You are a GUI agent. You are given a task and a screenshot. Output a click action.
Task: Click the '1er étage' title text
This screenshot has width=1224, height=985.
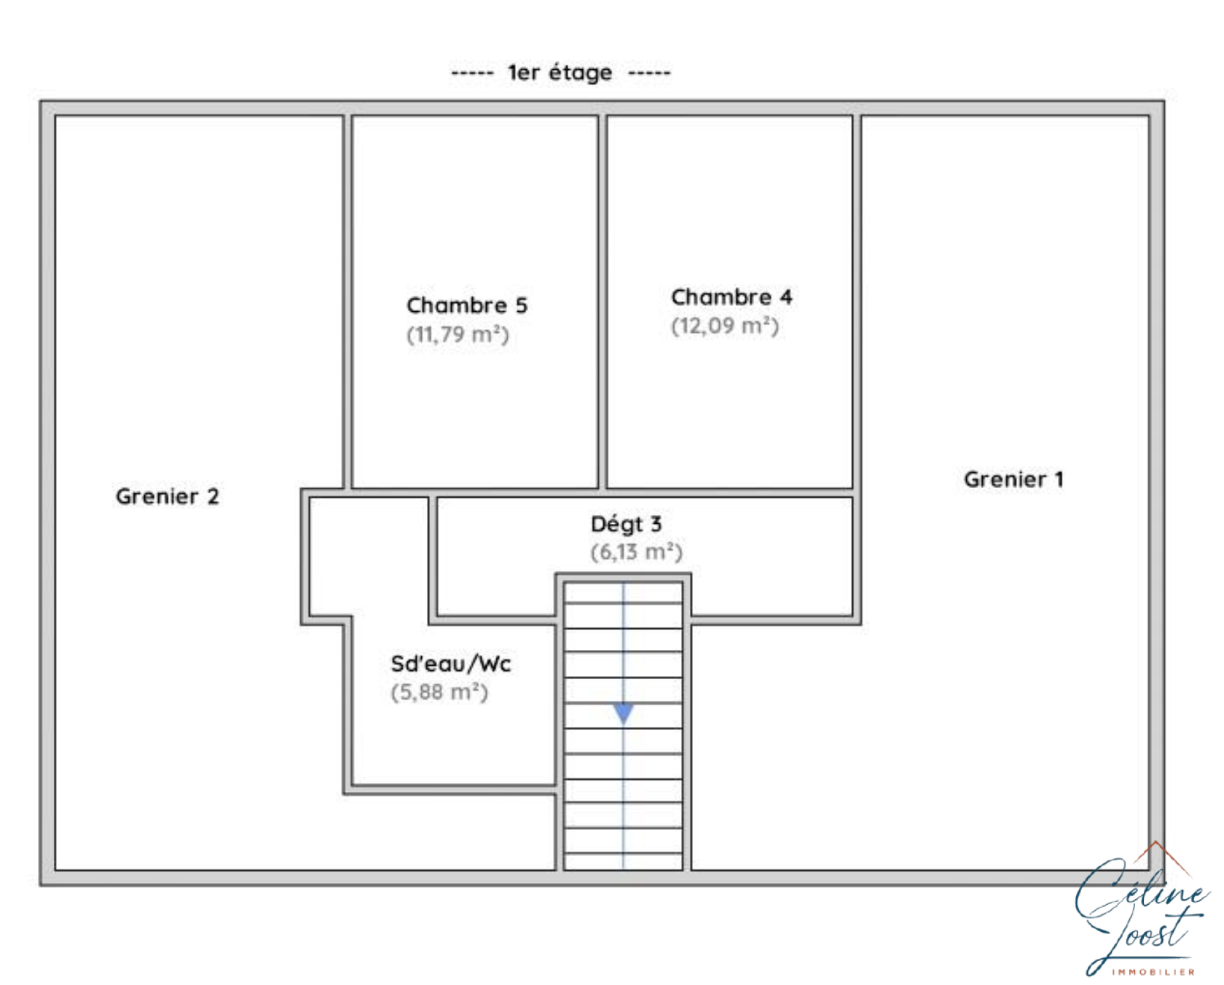[x=560, y=73]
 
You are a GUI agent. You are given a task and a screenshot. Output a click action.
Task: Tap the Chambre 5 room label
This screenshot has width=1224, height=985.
[x=467, y=305]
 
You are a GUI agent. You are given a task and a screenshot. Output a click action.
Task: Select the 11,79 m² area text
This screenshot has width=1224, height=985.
[x=458, y=334]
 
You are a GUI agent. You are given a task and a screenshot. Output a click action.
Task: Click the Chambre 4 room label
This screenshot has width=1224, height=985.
[x=731, y=297]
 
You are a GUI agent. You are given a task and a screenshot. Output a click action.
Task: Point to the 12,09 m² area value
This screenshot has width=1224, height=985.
[x=725, y=326]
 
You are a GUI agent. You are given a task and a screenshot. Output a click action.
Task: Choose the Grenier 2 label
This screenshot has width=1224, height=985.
[x=168, y=496]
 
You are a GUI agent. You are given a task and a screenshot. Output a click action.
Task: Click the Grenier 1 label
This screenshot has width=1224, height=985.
[x=1013, y=479]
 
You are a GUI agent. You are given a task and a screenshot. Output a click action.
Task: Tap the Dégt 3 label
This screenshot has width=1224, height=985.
[x=626, y=524]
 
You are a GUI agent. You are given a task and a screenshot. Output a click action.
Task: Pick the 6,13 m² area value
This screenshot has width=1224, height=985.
[x=636, y=552]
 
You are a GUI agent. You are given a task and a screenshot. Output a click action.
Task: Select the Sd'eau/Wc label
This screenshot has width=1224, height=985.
[x=451, y=664]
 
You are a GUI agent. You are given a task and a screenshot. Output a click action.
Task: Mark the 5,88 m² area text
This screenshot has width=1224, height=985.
[x=439, y=691]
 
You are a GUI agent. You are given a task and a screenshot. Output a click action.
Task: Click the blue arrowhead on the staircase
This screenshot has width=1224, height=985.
[x=624, y=713]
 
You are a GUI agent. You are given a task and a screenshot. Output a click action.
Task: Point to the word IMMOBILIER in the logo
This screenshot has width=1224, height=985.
[x=1153, y=971]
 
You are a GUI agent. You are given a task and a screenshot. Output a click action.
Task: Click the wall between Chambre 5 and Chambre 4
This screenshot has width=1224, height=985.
[x=603, y=302]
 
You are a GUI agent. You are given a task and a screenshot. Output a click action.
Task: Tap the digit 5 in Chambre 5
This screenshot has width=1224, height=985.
[x=522, y=305]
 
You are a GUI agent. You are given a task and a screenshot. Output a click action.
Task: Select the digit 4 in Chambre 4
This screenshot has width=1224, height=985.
[x=786, y=297]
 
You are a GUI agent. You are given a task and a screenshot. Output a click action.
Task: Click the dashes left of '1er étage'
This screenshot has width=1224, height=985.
[x=472, y=73]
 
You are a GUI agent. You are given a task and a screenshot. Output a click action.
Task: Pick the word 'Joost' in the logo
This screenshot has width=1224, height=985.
[x=1140, y=937]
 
